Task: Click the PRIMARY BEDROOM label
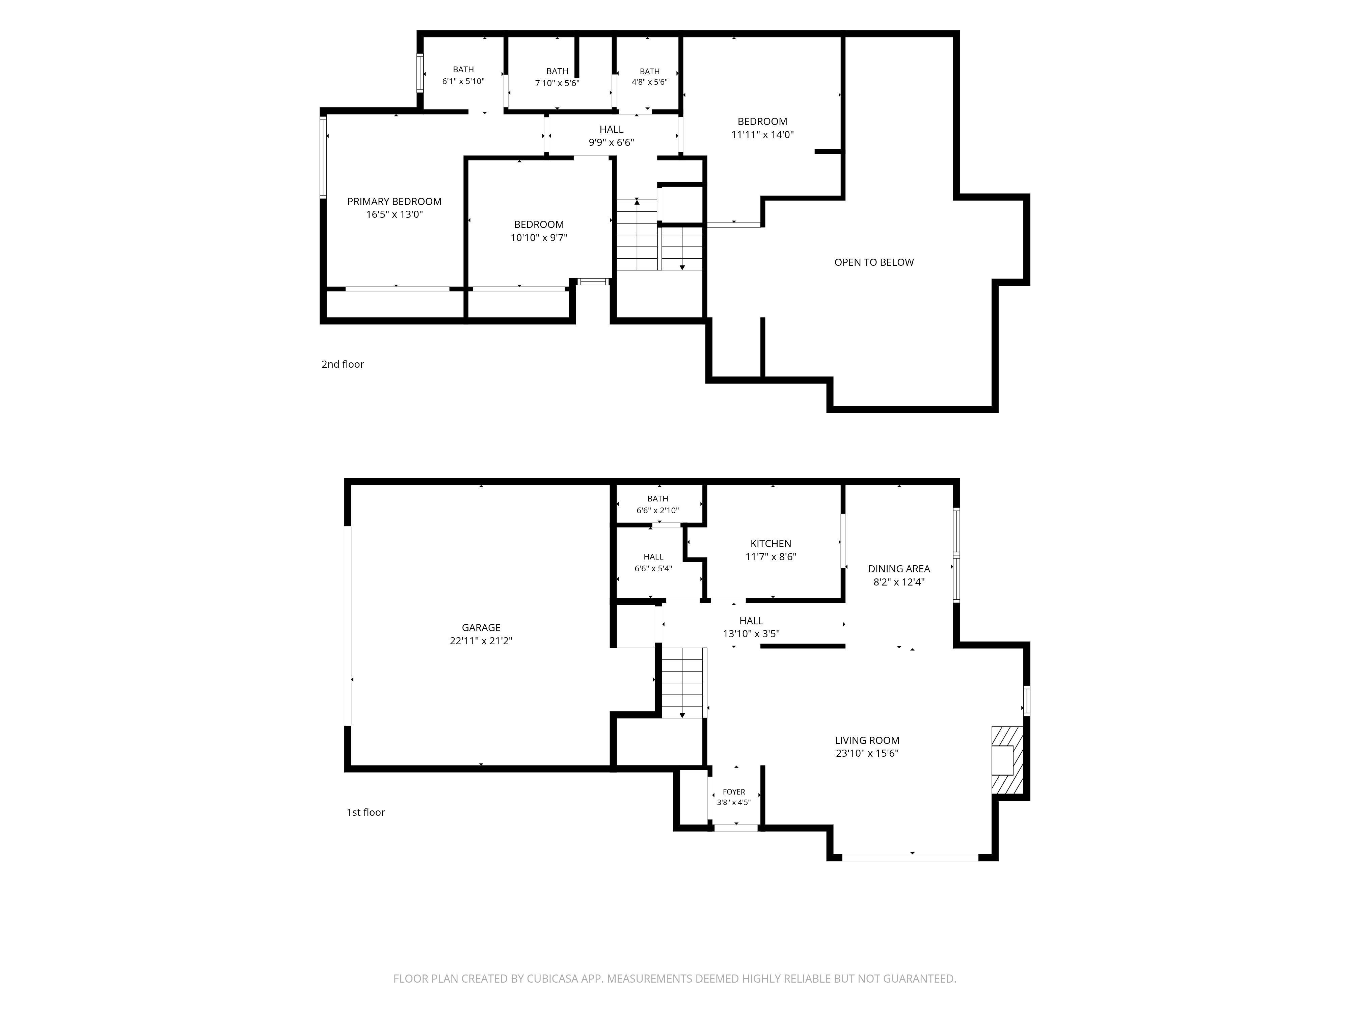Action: [x=394, y=202]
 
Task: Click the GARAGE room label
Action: [x=481, y=628]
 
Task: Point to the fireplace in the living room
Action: [x=1007, y=760]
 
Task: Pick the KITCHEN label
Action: [x=771, y=543]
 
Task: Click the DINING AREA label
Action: [x=899, y=569]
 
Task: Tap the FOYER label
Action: [x=734, y=792]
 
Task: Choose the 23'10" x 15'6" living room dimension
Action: [x=867, y=753]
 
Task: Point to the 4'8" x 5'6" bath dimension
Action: [x=649, y=82]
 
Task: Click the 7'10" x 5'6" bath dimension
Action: [x=557, y=83]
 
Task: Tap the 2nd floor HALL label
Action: [x=612, y=129]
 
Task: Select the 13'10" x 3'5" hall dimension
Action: [x=751, y=634]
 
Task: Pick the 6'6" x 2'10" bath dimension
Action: [x=657, y=511]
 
